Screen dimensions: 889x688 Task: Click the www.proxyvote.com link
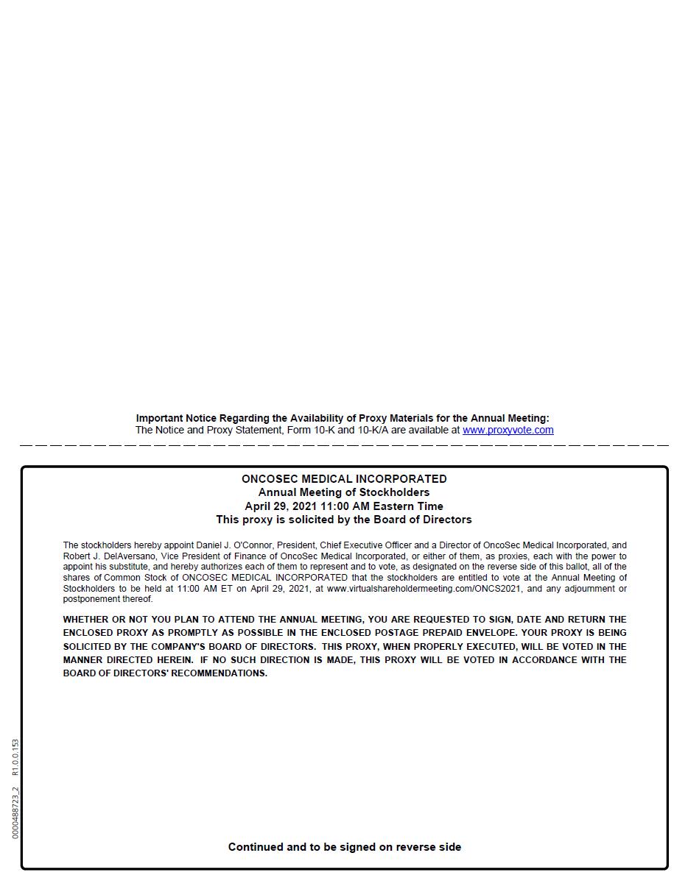[x=508, y=430]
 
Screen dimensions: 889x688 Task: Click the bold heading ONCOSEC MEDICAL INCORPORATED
[x=344, y=479]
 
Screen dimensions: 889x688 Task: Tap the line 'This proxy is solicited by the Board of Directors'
[x=344, y=520]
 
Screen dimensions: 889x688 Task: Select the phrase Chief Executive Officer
[x=360, y=545]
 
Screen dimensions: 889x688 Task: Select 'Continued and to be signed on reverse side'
[x=344, y=847]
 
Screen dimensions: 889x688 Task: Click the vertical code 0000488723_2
[x=15, y=812]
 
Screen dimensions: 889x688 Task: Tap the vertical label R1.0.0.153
[x=15, y=757]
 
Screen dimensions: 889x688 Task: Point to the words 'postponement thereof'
[x=108, y=599]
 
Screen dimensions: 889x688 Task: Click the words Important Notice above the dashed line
[x=176, y=418]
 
